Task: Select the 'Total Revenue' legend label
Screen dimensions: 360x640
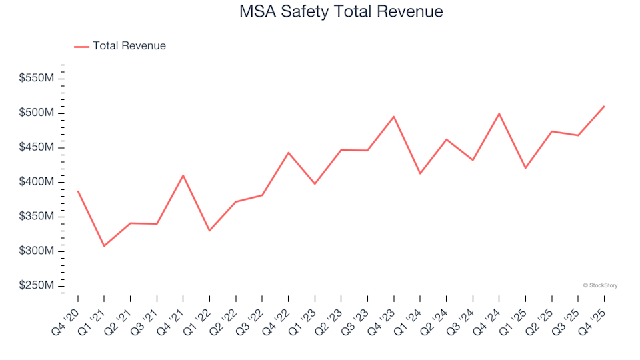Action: (129, 46)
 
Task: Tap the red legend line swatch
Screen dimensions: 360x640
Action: (81, 47)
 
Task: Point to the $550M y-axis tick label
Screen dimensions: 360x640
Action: (37, 79)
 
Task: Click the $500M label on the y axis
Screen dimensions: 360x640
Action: (37, 113)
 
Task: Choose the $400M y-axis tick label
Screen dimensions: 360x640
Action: (37, 182)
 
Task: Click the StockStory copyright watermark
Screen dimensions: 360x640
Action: (600, 285)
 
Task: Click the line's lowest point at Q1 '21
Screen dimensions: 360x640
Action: (104, 246)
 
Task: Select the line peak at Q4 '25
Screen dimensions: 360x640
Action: (604, 106)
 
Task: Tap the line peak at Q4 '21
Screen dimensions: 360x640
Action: (183, 175)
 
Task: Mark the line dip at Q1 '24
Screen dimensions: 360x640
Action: (420, 173)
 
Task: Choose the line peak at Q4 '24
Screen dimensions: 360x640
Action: (499, 113)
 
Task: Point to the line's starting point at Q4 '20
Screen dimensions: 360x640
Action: (78, 191)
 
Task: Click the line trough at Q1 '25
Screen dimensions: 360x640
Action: (525, 168)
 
